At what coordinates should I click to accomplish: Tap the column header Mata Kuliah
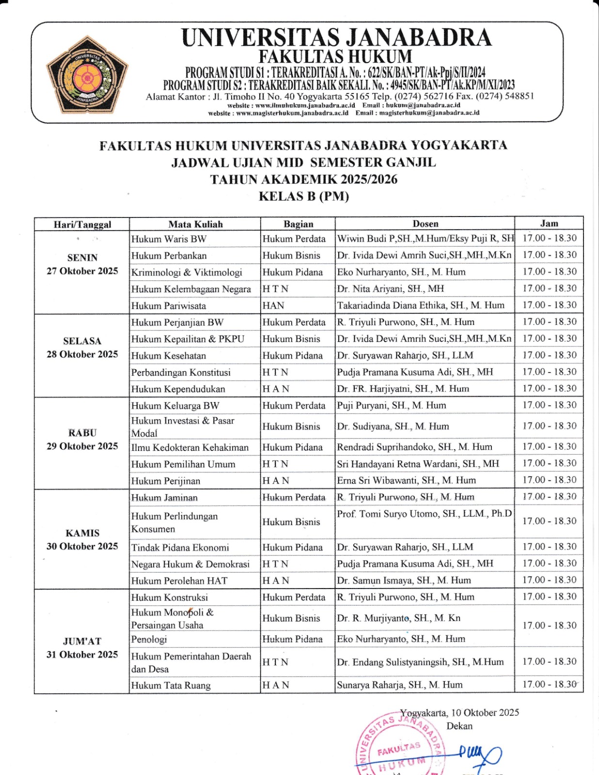tap(195, 224)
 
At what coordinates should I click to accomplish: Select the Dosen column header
tap(425, 224)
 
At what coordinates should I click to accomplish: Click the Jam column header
tap(549, 223)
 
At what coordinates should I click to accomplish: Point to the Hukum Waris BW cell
tap(169, 239)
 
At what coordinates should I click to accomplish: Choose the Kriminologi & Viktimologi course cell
tap(187, 272)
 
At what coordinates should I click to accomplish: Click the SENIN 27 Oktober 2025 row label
tap(82, 264)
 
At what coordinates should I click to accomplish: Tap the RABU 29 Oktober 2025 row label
tap(82, 439)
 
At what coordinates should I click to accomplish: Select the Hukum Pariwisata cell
tap(169, 306)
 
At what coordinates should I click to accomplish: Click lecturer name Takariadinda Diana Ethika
tap(421, 305)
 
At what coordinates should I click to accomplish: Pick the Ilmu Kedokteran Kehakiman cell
tap(190, 448)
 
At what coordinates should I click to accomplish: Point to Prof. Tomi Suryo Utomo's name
tap(424, 514)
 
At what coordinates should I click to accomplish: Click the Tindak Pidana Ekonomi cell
tap(180, 548)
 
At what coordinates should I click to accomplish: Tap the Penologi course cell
tap(149, 639)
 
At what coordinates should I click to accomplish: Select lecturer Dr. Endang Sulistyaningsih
tap(420, 662)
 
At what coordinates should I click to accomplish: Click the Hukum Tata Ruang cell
tap(171, 685)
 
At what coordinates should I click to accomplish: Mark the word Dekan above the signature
tap(459, 726)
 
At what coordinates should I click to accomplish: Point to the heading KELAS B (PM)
tap(304, 196)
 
